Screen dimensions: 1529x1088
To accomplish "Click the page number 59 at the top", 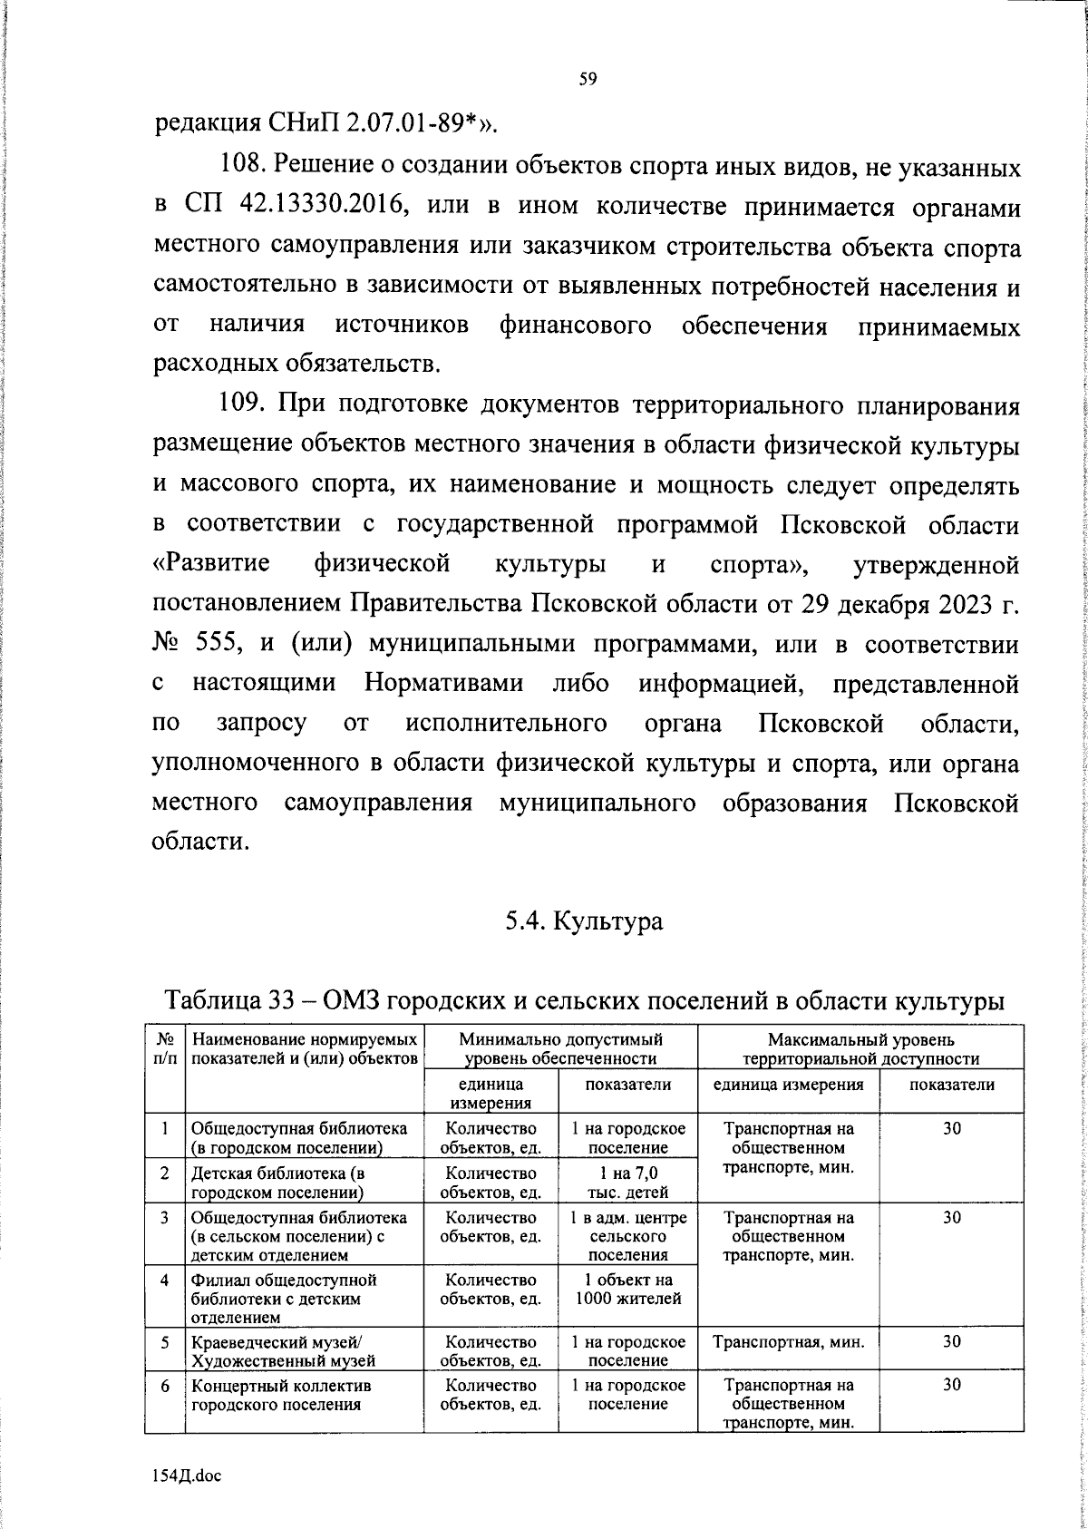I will (x=587, y=79).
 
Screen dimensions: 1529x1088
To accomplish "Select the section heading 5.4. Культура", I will (x=584, y=921).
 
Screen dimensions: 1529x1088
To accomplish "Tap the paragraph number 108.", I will (x=243, y=167).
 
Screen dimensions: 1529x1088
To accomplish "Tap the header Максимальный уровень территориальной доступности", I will (x=860, y=1048).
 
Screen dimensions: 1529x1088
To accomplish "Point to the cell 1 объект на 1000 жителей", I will (x=627, y=1290).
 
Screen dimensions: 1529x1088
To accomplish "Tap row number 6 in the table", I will (x=165, y=1386).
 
